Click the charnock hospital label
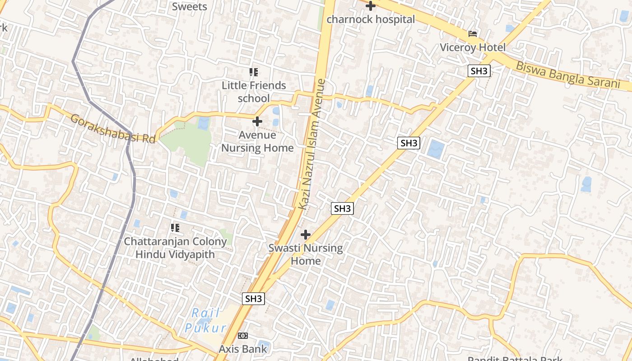370,19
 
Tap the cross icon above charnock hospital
371,6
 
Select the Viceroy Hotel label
473,47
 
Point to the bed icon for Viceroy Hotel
473,34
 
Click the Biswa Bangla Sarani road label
567,75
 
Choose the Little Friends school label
254,92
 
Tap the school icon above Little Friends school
254,72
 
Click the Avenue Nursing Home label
257,141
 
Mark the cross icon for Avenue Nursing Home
257,121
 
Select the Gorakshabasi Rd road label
113,129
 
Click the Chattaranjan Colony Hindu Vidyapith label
175,248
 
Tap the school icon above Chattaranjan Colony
175,228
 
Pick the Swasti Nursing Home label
306,254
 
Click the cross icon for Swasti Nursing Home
306,235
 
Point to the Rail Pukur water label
205,320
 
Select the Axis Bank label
243,349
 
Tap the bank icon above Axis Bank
243,336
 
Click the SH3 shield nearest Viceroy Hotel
479,71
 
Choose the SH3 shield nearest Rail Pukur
253,299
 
